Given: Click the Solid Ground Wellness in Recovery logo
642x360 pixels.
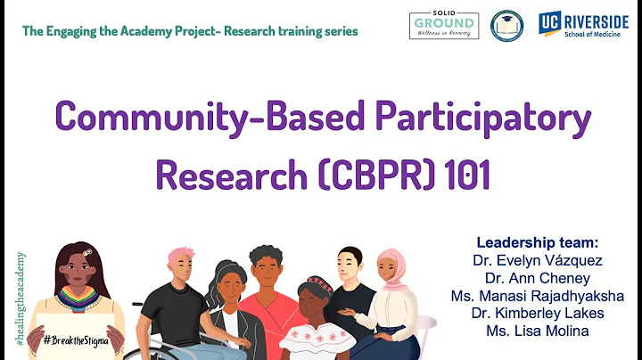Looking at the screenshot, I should click(x=443, y=25).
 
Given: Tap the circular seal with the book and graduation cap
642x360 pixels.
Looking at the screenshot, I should click(x=507, y=25).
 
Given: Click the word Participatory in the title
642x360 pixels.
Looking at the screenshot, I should click(x=463, y=119).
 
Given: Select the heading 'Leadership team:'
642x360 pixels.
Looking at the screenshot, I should click(x=538, y=242).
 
